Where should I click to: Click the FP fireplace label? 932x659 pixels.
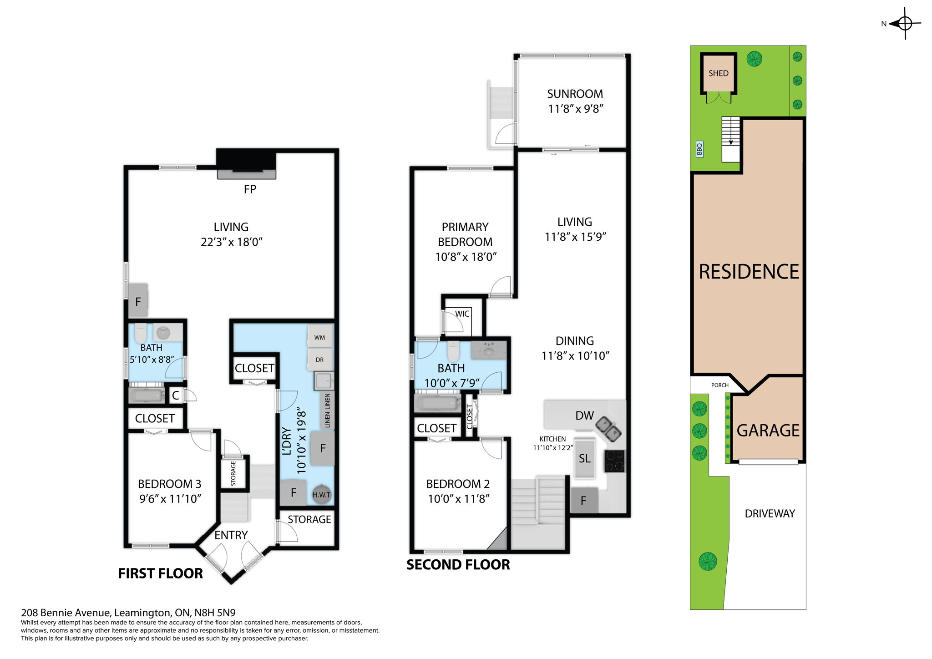(250, 189)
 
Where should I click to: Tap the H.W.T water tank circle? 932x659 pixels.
(321, 494)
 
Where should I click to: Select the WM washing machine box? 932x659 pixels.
(319, 337)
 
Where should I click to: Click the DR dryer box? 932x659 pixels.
(319, 360)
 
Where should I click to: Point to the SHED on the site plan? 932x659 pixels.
(718, 73)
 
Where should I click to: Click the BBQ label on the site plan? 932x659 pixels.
(699, 149)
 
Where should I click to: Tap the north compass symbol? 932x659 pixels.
(904, 23)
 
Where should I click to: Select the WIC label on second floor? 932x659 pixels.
(462, 314)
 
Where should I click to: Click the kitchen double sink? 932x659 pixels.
(608, 428)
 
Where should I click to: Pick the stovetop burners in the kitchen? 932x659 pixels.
(614, 461)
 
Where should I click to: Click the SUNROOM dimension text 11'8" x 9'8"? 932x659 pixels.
(575, 109)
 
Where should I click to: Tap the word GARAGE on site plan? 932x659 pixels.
(768, 430)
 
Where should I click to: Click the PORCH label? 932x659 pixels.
(719, 385)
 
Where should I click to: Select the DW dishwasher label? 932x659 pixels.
(584, 415)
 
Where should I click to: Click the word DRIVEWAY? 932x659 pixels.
(770, 513)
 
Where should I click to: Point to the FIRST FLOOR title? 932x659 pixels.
(160, 573)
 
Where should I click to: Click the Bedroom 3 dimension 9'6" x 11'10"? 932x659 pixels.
(170, 499)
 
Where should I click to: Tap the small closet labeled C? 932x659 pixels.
(176, 395)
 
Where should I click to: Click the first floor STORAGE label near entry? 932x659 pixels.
(309, 519)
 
